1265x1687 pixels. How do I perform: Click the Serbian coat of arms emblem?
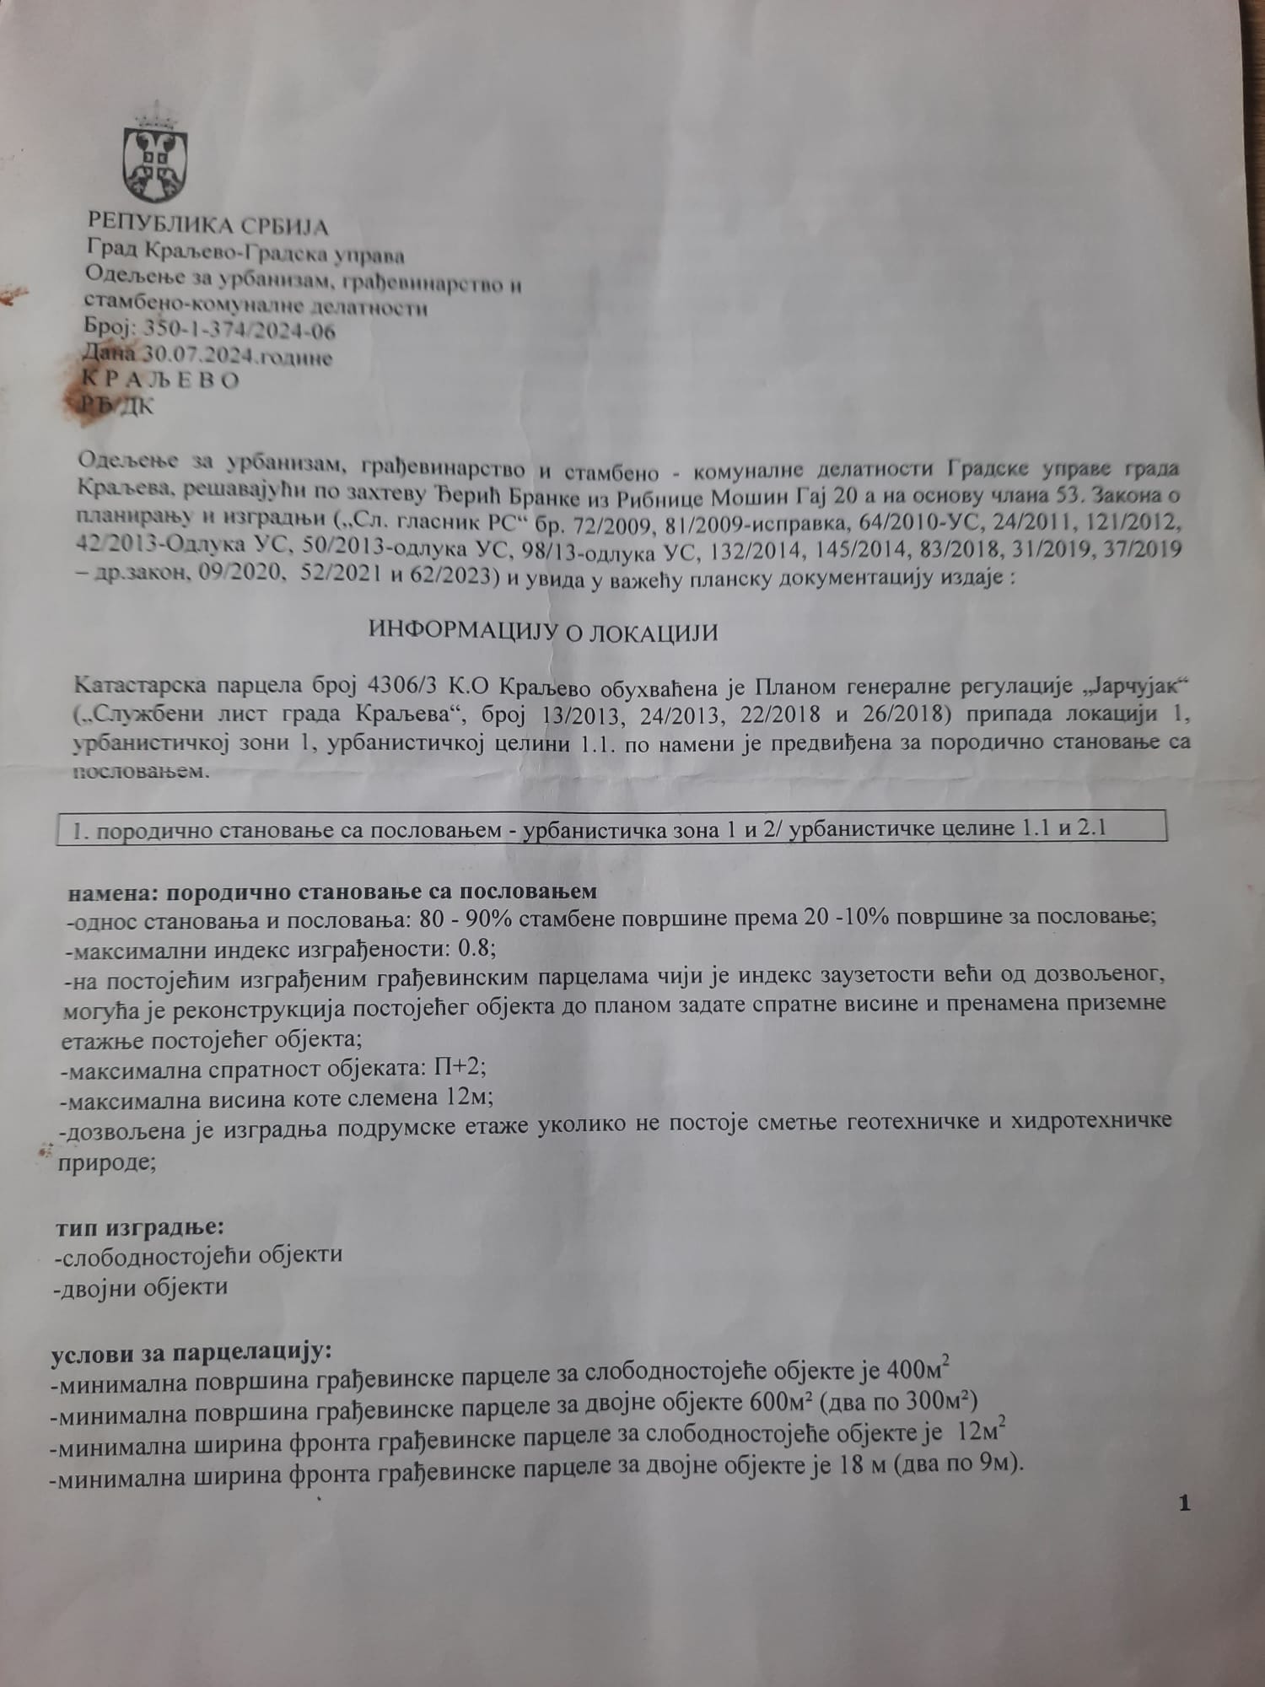pyautogui.click(x=155, y=156)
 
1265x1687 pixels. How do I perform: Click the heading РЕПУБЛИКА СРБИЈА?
pyautogui.click(x=207, y=226)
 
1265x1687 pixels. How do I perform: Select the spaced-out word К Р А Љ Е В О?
pyautogui.click(x=160, y=380)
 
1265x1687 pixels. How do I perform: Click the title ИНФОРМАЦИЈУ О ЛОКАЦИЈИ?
pyautogui.click(x=543, y=632)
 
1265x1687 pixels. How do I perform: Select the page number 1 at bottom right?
pyautogui.click(x=1185, y=1502)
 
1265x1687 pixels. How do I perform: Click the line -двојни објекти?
pyautogui.click(x=140, y=1287)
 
